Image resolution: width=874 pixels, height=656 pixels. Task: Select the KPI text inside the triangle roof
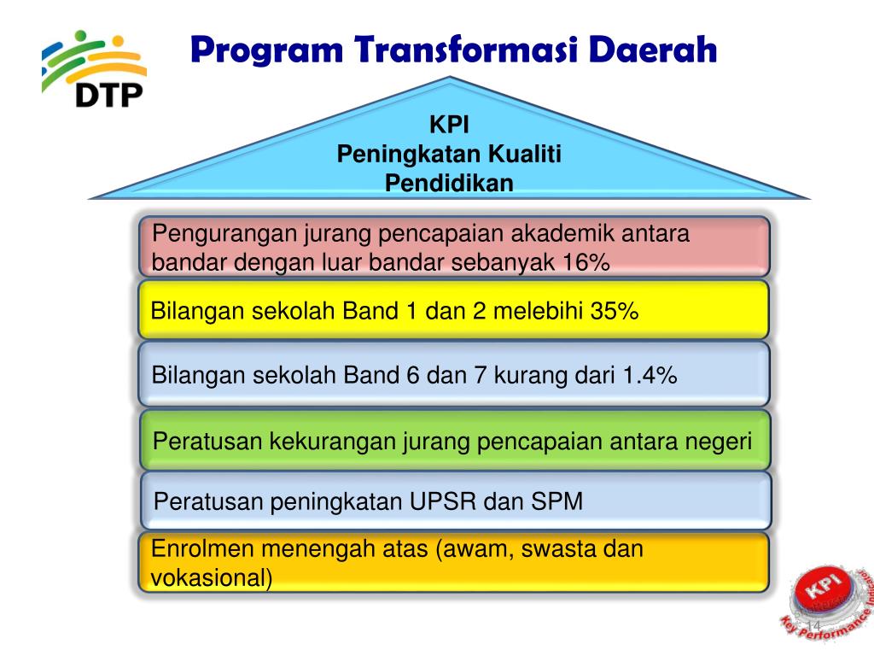449,126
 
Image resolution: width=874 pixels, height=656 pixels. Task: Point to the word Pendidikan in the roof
449,183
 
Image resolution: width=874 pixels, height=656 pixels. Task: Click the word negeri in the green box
720,442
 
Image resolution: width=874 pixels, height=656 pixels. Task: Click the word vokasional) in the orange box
212,578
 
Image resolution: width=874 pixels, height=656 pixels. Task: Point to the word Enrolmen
203,549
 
